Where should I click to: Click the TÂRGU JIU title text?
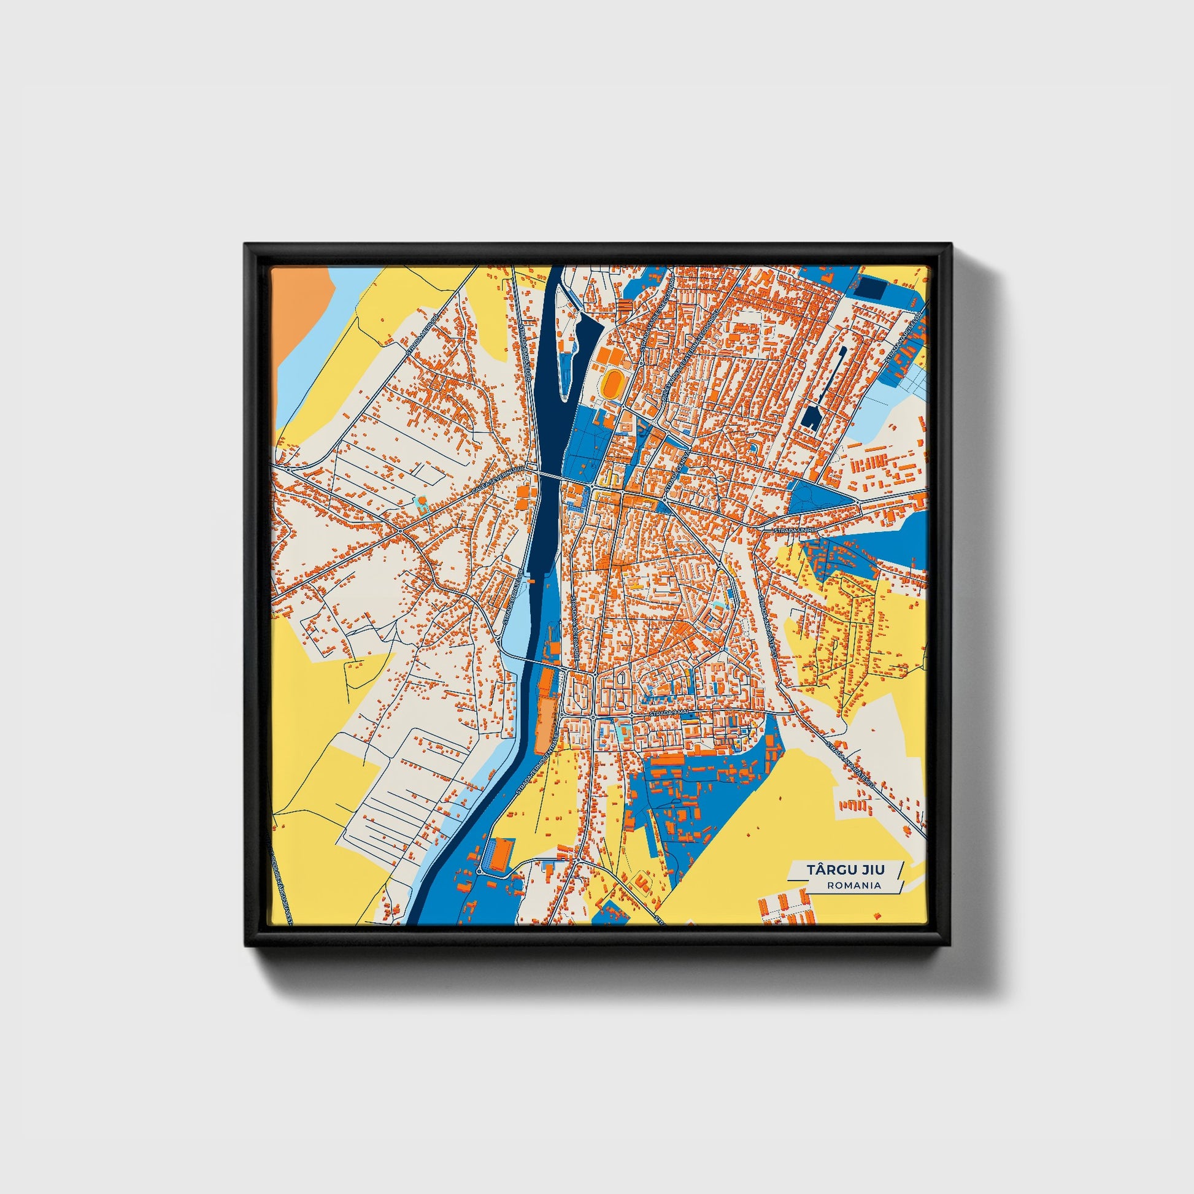(845, 869)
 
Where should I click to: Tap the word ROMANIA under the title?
(853, 885)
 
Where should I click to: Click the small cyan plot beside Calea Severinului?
(422, 506)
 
